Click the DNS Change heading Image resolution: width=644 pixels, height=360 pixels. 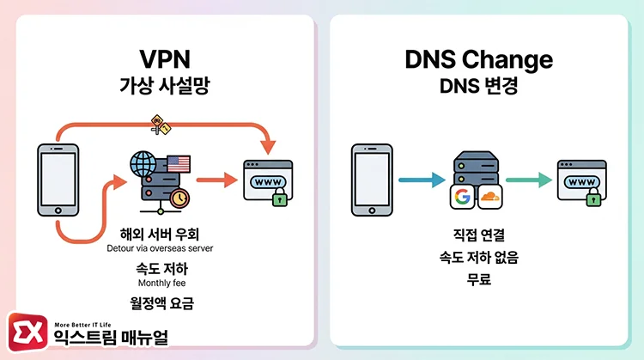tap(478, 60)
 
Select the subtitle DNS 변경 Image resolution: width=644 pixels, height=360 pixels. tap(478, 87)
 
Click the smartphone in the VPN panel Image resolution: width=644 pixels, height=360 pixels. tap(58, 180)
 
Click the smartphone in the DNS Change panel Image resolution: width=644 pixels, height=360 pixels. tap(372, 180)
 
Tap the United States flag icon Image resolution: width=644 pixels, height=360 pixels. tap(179, 162)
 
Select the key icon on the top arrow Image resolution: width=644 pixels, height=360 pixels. tap(160, 124)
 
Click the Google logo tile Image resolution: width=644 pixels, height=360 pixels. tap(463, 197)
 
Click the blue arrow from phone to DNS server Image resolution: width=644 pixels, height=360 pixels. tap(421, 180)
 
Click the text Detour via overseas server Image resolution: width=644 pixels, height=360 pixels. tap(166, 248)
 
